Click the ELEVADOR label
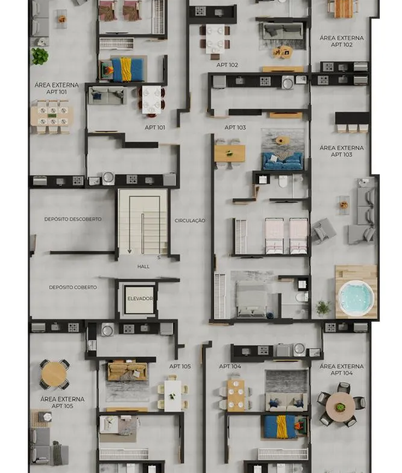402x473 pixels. (x=140, y=299)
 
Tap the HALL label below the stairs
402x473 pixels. (x=143, y=266)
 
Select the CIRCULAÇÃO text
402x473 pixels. (x=190, y=221)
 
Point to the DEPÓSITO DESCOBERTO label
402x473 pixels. (x=73, y=219)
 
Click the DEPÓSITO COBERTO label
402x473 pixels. (x=73, y=287)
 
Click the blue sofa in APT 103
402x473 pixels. (x=283, y=161)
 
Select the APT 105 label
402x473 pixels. (x=180, y=366)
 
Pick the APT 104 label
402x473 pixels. (x=230, y=366)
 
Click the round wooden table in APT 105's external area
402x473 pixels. (x=54, y=375)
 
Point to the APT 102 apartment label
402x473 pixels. (x=227, y=65)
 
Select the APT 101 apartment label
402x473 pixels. (x=155, y=128)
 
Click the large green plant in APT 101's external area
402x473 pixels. (x=40, y=57)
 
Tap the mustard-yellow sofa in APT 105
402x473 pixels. (x=127, y=371)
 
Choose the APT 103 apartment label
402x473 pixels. (x=235, y=128)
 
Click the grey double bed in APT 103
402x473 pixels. (x=251, y=299)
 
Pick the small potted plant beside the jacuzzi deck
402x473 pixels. (x=323, y=308)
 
